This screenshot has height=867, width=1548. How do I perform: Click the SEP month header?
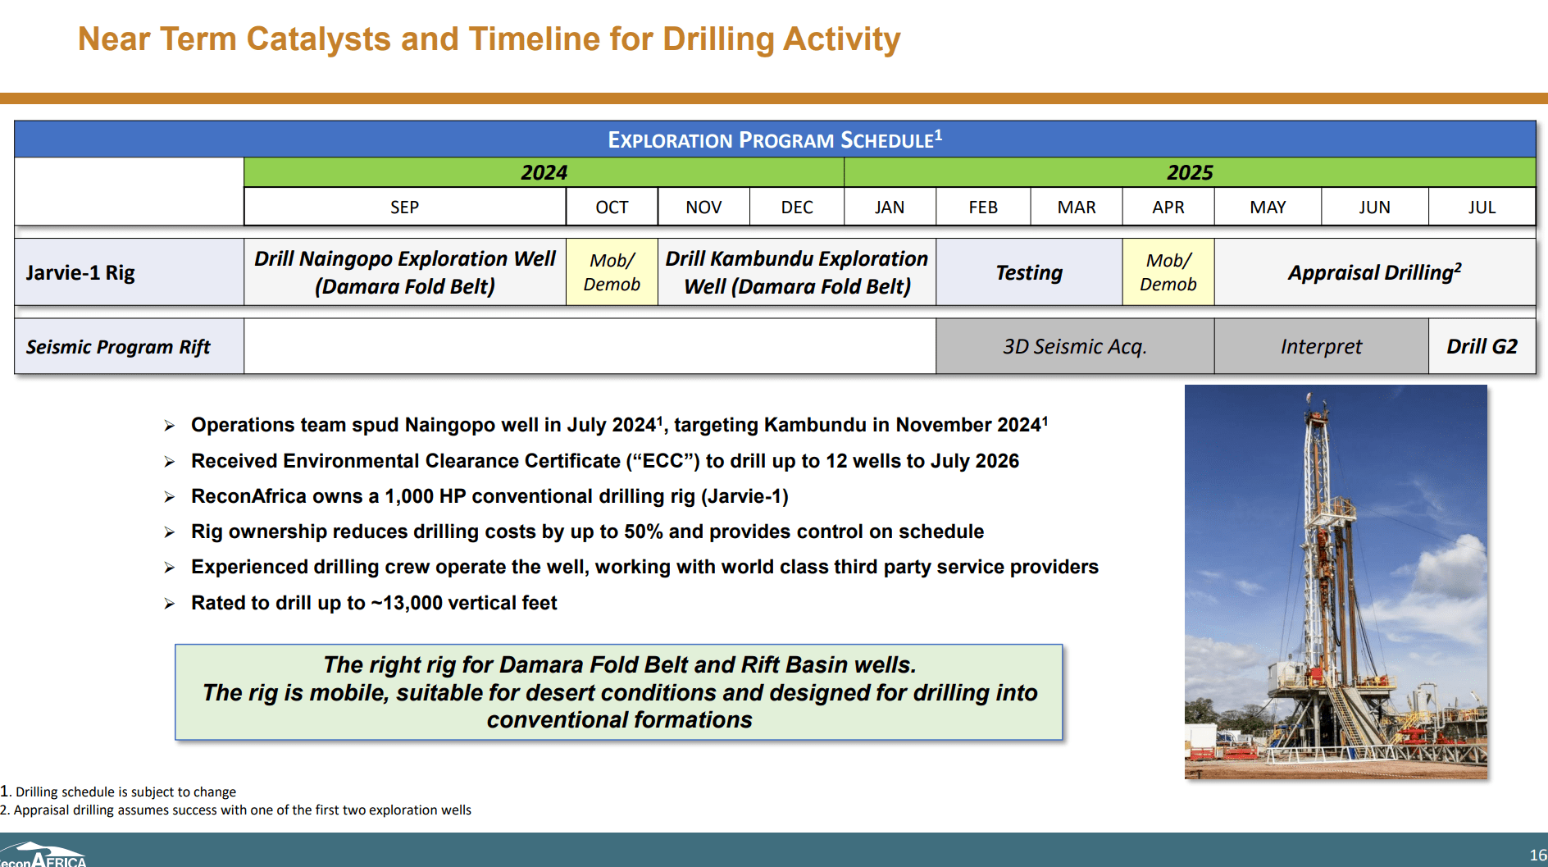[x=404, y=207]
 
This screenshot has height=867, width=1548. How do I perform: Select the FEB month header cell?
[x=982, y=207]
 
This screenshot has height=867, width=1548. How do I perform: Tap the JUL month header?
[x=1481, y=207]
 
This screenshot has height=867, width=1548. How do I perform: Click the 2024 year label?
[x=544, y=172]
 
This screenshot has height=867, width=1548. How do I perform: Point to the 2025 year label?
[x=1189, y=172]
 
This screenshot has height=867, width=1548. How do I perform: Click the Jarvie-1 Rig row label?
[x=80, y=272]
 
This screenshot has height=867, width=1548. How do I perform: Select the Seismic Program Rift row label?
[x=118, y=347]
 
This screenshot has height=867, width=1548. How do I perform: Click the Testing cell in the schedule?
[x=1028, y=272]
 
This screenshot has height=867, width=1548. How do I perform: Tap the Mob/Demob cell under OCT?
[x=612, y=272]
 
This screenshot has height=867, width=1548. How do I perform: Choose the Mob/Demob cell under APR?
[x=1168, y=272]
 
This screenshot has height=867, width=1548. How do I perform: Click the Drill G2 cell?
[x=1481, y=346]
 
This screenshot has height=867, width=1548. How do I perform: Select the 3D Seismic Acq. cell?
[x=1074, y=346]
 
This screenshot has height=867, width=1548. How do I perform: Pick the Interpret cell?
[x=1320, y=346]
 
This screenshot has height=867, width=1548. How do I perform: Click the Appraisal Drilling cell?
[x=1374, y=272]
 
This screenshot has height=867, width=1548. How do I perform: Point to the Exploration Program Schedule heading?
[x=774, y=139]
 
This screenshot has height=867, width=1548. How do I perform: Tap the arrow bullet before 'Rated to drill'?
[x=170, y=604]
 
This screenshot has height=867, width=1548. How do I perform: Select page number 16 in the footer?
[x=1537, y=855]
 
